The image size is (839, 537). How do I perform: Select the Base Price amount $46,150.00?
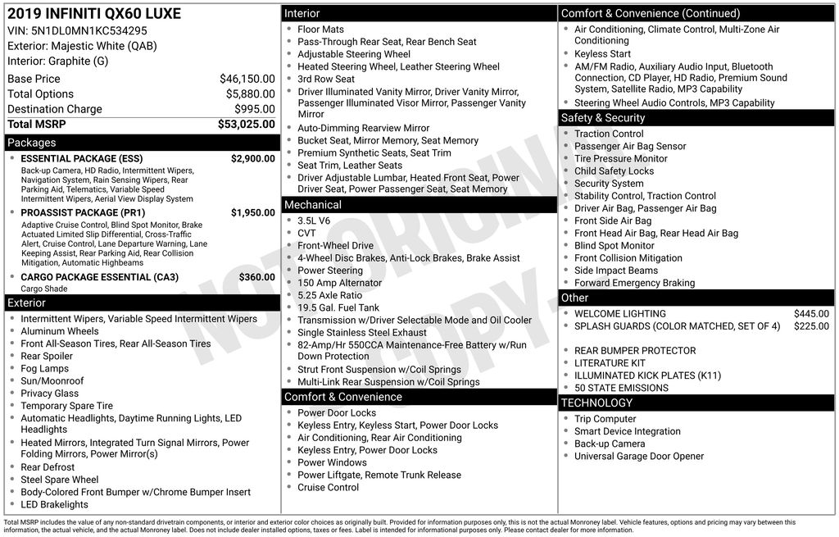[247, 79]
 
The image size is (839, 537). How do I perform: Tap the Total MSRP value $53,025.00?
[246, 124]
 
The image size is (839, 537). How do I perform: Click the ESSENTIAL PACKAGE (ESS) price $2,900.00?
[252, 158]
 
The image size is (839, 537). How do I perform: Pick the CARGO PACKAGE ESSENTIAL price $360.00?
[256, 277]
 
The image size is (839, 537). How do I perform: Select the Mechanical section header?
[312, 205]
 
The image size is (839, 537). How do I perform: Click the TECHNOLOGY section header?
[596, 403]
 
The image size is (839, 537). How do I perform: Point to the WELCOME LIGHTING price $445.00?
[811, 313]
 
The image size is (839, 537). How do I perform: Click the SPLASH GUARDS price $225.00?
[811, 325]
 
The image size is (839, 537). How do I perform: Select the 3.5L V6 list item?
[314, 221]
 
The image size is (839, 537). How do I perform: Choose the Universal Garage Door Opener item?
[638, 456]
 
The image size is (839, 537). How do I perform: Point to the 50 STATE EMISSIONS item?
[621, 388]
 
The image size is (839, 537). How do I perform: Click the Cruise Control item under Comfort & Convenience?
[328, 487]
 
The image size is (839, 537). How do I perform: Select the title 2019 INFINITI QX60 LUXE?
[94, 14]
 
